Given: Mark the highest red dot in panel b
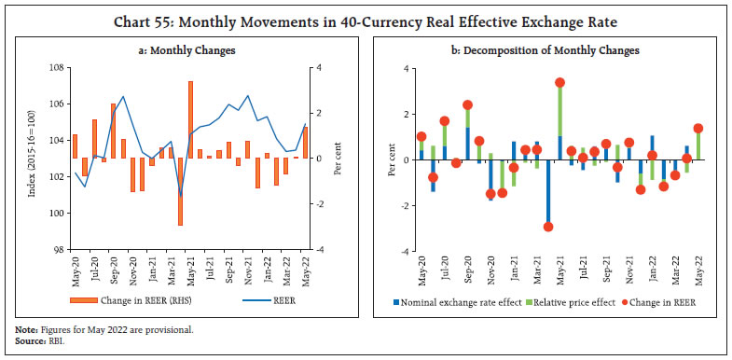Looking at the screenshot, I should pyautogui.click(x=560, y=82).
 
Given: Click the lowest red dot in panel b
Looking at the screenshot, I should pyautogui.click(x=548, y=227).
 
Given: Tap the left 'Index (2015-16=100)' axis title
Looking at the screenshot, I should pyautogui.click(x=35, y=159).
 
